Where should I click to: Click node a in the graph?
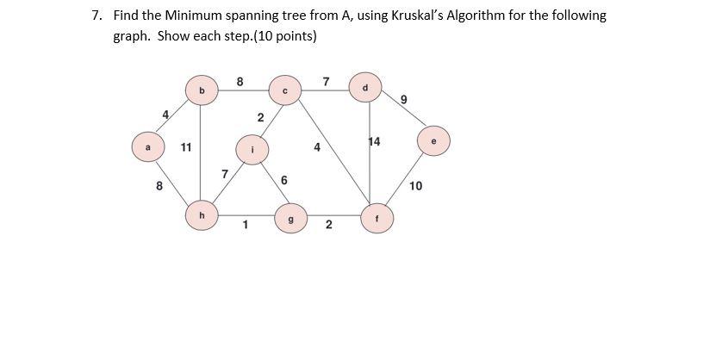tap(147, 146)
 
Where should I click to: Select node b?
tap(201, 89)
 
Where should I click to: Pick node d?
tap(365, 86)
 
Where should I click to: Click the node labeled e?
tap(433, 140)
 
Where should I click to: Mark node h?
tap(201, 216)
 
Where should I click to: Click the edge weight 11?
tap(186, 147)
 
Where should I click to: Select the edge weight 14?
tap(374, 140)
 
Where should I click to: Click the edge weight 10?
tap(416, 186)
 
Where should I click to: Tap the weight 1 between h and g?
tap(246, 227)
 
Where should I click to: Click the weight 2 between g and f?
tap(328, 227)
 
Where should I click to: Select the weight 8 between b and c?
tap(240, 82)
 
